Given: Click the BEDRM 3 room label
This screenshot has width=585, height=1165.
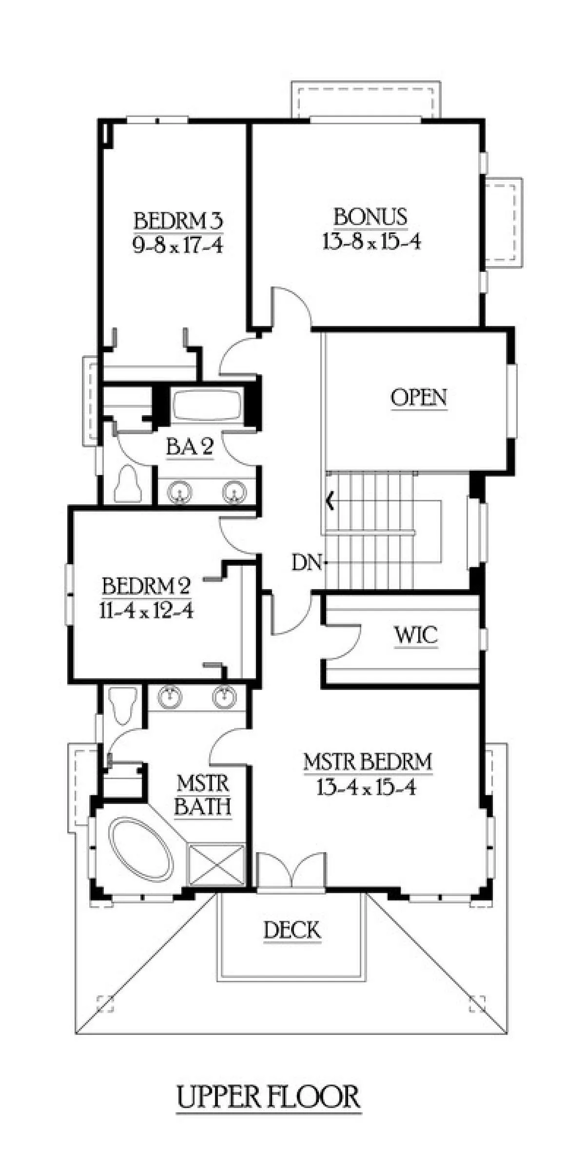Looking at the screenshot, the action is pyautogui.click(x=178, y=221).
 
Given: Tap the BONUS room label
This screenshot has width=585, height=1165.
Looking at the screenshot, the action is pyautogui.click(x=370, y=217).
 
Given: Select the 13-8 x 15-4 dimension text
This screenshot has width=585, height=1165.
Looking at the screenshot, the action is pyautogui.click(x=371, y=241).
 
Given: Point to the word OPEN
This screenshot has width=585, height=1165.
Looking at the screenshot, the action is pyautogui.click(x=419, y=397).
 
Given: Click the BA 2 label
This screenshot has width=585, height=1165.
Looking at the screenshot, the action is pyautogui.click(x=190, y=446).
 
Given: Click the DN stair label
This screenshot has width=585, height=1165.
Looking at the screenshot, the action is pyautogui.click(x=307, y=564).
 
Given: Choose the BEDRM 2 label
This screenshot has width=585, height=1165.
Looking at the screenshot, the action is pyautogui.click(x=146, y=586).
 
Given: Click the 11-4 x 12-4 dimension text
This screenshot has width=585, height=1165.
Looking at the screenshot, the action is pyautogui.click(x=146, y=610).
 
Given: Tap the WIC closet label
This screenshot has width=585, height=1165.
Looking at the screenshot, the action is pyautogui.click(x=416, y=635).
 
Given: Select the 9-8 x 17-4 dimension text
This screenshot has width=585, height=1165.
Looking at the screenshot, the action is pyautogui.click(x=178, y=245).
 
